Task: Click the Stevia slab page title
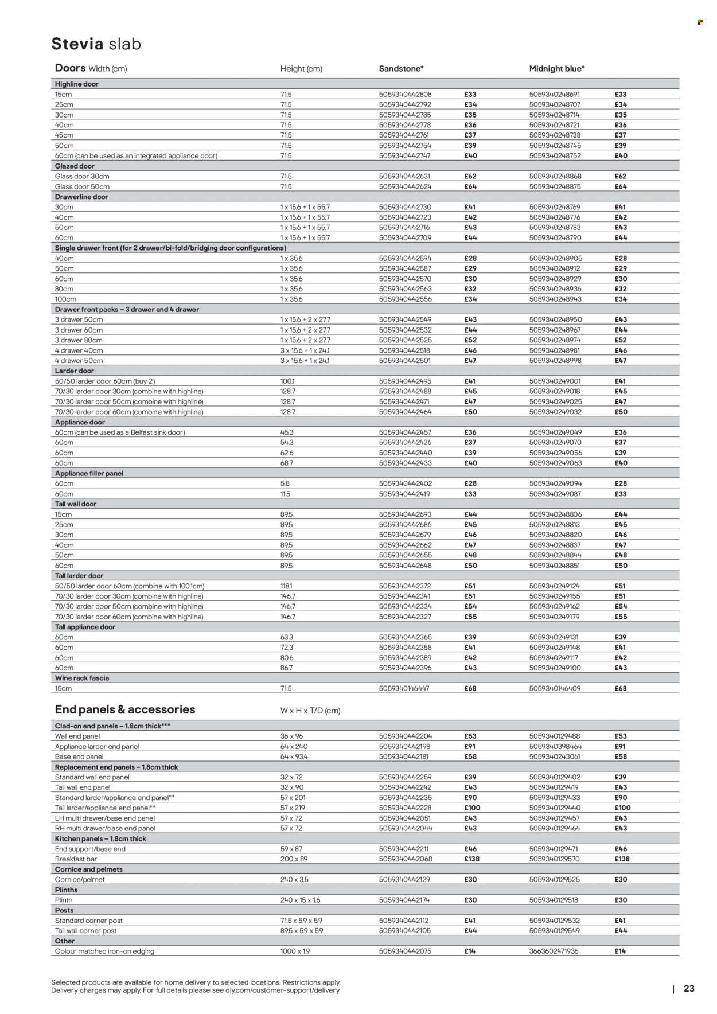[96, 44]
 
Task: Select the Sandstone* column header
[401, 69]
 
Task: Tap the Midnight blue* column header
[556, 69]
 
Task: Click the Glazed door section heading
[75, 166]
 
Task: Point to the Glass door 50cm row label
[82, 187]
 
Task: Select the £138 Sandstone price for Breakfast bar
[471, 859]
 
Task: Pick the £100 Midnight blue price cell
[622, 808]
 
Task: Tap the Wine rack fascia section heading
[81, 678]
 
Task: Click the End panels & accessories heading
[124, 710]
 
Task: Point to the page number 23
[689, 988]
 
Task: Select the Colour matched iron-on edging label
[104, 951]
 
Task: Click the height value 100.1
[287, 381]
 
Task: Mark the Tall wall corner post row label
[85, 931]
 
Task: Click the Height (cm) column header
[301, 69]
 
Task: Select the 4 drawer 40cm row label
[79, 351]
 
